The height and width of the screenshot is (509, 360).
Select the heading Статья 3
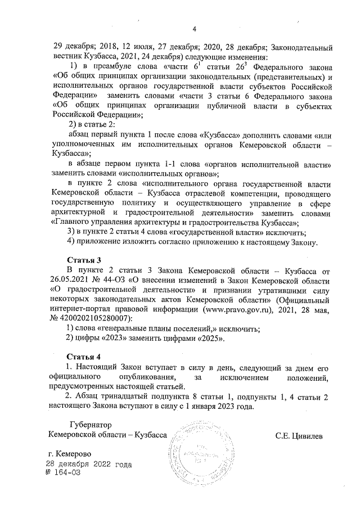click(x=83, y=260)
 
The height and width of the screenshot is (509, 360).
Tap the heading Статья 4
click(x=83, y=357)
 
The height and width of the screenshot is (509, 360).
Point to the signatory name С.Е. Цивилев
click(x=299, y=436)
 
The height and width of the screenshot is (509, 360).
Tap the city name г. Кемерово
click(x=70, y=454)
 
